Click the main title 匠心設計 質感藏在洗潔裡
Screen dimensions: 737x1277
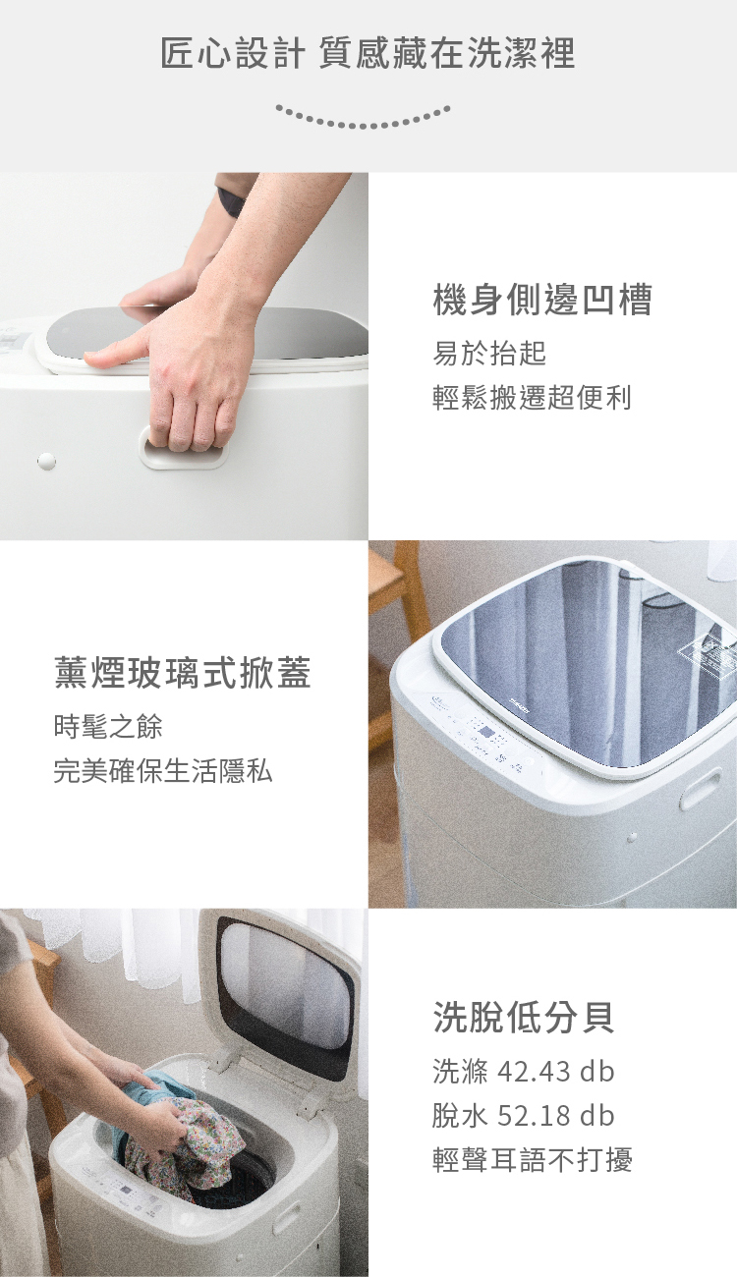368,53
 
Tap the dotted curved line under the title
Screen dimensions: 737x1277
363,120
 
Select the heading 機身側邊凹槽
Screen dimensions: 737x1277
541,300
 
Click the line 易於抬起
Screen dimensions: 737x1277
489,353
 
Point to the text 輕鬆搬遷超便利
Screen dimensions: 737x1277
532,398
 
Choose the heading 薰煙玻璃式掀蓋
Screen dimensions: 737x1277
183,673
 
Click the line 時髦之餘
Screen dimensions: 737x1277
108,726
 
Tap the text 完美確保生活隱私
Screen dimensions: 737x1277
163,771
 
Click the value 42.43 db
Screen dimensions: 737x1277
556,1071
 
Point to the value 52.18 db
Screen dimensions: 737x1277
556,1116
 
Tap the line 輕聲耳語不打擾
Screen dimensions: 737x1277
533,1159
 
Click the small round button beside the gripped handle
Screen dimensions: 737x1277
46,461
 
